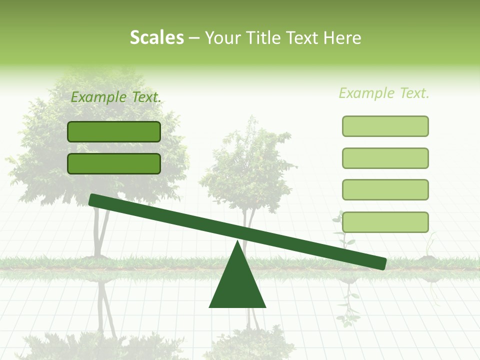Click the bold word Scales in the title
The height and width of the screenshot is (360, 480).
[157, 38]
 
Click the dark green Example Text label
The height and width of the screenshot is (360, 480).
[116, 97]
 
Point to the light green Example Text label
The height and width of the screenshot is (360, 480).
[384, 93]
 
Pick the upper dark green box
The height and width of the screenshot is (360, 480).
[114, 131]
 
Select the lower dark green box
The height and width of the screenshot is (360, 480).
[114, 163]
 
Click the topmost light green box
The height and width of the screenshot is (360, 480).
[385, 126]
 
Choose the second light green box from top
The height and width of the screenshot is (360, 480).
[385, 158]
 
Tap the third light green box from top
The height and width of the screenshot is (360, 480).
[385, 189]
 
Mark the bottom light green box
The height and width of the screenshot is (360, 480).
[385, 222]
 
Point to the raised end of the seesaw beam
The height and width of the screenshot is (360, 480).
[95, 200]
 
